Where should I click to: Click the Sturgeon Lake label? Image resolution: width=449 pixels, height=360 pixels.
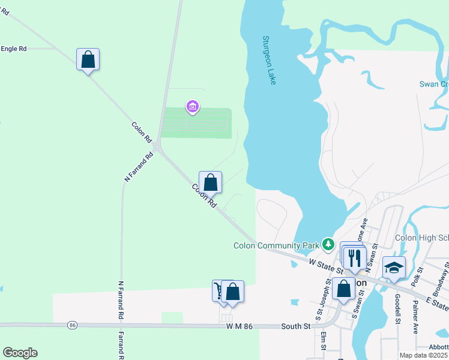[x=269, y=60]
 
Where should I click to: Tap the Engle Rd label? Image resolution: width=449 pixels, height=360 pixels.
[x=13, y=48]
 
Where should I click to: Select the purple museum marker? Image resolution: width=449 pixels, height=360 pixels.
[x=193, y=107]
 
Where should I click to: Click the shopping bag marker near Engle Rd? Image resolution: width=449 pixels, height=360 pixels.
[x=88, y=59]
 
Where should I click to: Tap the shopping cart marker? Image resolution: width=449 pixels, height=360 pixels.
[x=219, y=291]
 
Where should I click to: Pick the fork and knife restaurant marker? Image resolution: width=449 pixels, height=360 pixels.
[x=355, y=257]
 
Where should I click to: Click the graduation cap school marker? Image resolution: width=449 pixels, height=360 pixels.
[x=394, y=268]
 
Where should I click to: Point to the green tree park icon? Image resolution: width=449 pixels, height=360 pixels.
[x=328, y=244]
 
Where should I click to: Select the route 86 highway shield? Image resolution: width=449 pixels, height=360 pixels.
[x=72, y=325]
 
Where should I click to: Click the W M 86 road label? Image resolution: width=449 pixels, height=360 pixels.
[x=243, y=326]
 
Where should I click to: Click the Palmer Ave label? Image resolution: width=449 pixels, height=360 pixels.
[x=415, y=316]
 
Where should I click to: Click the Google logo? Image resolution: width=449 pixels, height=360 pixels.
[x=20, y=353]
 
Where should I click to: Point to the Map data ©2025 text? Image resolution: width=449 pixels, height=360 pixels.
[x=423, y=355]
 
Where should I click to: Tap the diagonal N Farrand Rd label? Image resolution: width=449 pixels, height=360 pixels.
[x=139, y=166]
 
